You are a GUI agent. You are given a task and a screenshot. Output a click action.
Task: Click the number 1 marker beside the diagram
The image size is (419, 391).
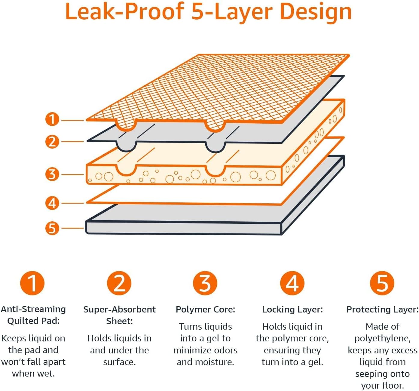[52, 119]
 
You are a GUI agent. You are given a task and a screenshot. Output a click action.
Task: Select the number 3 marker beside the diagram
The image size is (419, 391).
[52, 174]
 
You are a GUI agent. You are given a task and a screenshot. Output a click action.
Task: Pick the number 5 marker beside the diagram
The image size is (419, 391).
[52, 228]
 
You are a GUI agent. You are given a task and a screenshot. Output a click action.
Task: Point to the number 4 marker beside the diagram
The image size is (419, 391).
[52, 203]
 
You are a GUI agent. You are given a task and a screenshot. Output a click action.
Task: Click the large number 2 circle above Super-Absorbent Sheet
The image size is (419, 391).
[119, 283]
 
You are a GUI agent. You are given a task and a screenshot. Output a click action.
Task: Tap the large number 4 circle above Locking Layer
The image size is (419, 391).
[292, 283]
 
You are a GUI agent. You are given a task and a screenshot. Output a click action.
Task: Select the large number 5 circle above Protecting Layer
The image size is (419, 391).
[382, 283]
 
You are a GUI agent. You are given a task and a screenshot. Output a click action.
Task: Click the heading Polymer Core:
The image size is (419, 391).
[205, 309]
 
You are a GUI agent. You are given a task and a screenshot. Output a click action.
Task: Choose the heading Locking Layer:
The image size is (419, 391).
[292, 309]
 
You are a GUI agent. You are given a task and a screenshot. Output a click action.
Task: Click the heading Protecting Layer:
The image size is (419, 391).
[382, 309]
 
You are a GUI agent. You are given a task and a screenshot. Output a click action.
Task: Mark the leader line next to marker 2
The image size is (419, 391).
[73, 141]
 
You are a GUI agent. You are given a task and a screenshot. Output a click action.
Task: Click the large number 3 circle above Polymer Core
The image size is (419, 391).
[205, 283]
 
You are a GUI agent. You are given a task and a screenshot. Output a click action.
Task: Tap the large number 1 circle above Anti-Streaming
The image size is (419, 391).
[32, 283]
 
